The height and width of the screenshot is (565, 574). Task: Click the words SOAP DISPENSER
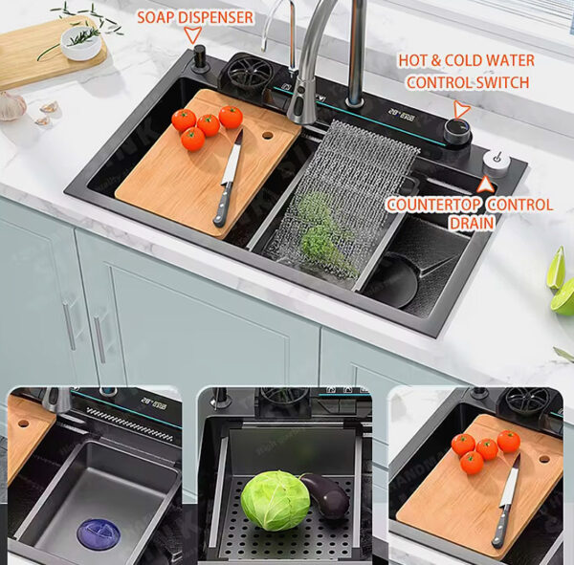click(x=195, y=17)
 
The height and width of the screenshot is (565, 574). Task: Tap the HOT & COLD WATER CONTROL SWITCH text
click(x=466, y=72)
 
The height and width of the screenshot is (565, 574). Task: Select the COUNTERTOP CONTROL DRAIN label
click(x=470, y=213)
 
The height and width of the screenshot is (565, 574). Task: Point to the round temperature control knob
click(x=457, y=134)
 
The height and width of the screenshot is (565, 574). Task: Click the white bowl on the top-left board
click(x=80, y=41)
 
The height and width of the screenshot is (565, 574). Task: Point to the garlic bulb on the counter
click(x=11, y=105)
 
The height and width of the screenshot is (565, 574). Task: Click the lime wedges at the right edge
click(x=561, y=283)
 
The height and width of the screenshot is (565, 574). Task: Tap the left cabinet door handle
click(x=70, y=326)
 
